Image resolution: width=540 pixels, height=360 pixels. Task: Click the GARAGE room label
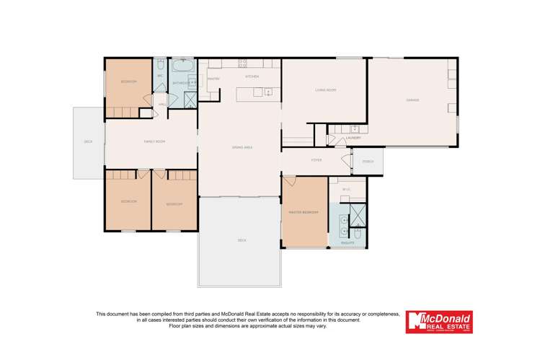pyautogui.click(x=412, y=100)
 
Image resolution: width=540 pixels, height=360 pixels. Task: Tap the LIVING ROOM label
pyautogui.click(x=326, y=90)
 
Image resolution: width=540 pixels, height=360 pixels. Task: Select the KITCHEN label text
pyautogui.click(x=252, y=76)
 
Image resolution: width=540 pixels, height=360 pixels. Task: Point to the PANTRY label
pyautogui.click(x=213, y=77)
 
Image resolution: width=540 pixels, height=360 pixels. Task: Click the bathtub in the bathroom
pyautogui.click(x=180, y=67)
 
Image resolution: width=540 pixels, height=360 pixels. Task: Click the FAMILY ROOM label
pyautogui.click(x=155, y=141)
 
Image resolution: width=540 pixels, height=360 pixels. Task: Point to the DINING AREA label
pyautogui.click(x=242, y=147)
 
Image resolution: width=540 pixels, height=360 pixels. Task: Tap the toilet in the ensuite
pyautogui.click(x=357, y=232)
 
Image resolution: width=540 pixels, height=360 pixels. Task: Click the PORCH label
pyautogui.click(x=367, y=161)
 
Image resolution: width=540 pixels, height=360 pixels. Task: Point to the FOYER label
pyautogui.click(x=316, y=160)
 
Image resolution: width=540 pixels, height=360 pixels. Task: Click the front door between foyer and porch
pyautogui.click(x=352, y=161)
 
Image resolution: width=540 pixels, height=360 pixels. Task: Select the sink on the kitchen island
pyautogui.click(x=267, y=92)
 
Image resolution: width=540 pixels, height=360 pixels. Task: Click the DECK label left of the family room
pyautogui.click(x=88, y=141)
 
